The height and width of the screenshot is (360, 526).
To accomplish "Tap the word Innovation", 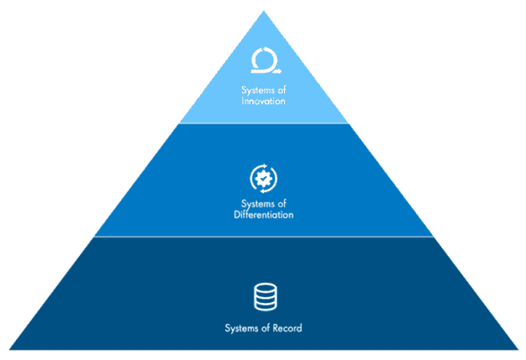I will pos(263,102).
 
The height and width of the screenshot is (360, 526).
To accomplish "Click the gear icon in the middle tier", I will pos(263,177).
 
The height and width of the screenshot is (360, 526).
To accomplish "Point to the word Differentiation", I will pos(263,215).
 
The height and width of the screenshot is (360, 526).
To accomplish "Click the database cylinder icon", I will pos(264,298).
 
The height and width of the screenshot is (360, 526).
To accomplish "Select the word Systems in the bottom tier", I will pos(240,328).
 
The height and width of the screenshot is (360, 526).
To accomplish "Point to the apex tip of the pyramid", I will pos(264,11).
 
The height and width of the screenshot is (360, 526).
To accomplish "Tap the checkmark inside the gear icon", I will pos(263,177).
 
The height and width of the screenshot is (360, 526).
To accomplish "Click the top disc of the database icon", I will pos(264,288).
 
